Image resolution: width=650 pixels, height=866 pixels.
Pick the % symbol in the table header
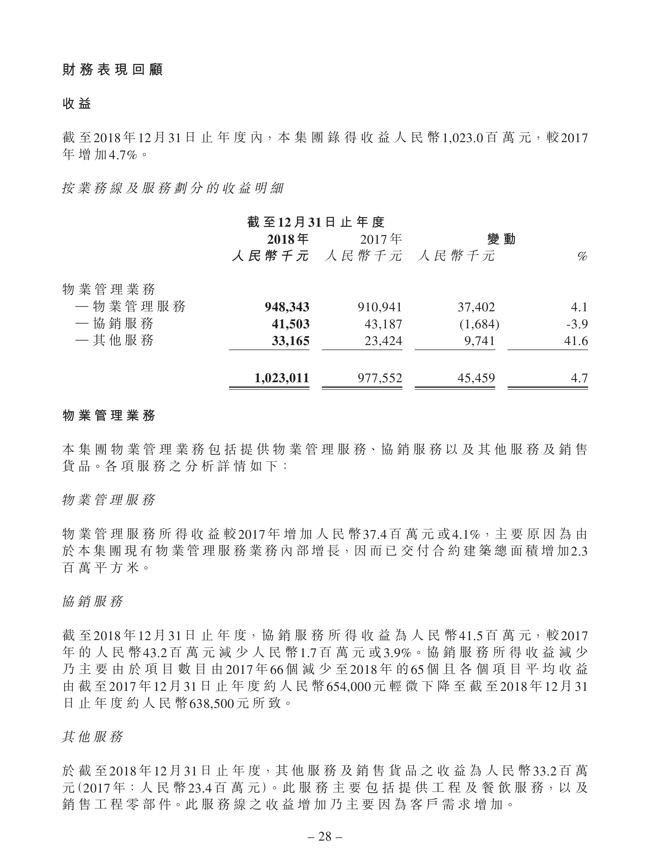coord(582,257)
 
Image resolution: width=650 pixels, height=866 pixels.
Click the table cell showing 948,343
coord(287,307)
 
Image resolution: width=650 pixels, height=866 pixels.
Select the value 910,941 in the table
coord(380,307)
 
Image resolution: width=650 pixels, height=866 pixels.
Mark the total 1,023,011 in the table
coord(282,378)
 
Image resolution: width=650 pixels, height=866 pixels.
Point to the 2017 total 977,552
coord(380,378)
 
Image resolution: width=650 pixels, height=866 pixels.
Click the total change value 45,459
coord(476,378)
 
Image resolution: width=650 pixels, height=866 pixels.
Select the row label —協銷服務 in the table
coord(114,324)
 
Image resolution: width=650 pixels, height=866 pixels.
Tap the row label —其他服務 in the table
coord(114,341)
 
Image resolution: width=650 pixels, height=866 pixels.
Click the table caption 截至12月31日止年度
coord(316,222)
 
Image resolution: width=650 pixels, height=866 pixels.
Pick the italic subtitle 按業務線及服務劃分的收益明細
coord(172,189)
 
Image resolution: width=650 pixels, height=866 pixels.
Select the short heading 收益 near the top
coord(77,104)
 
